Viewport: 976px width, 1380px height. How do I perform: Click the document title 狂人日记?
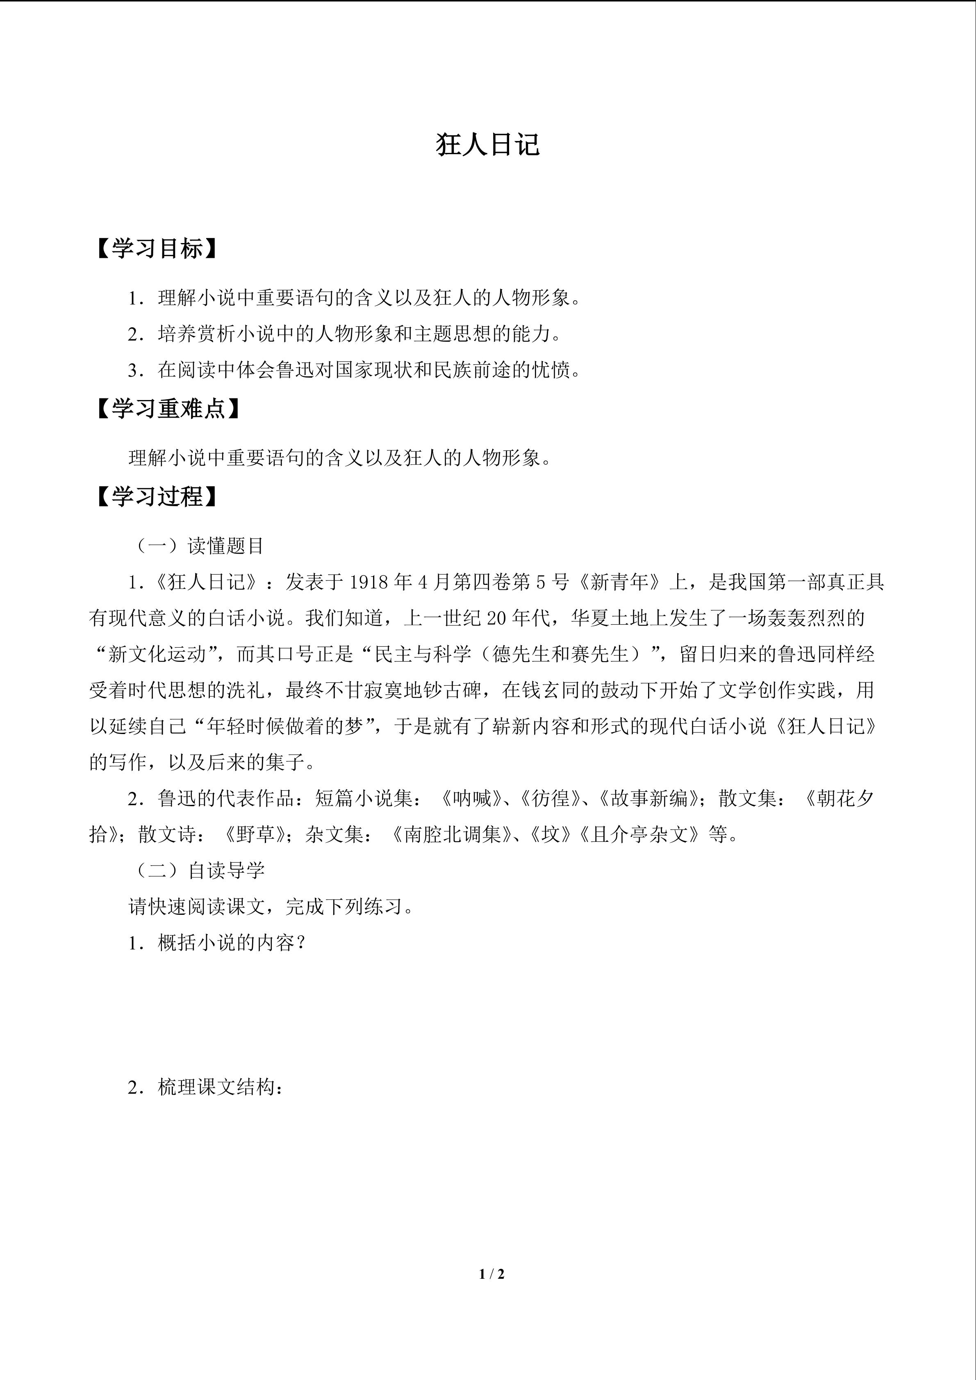(487, 144)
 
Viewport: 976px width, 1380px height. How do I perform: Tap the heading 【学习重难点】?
(169, 409)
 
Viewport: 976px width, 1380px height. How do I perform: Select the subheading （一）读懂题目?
(197, 546)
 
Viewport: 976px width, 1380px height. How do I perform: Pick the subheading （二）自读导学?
(197, 870)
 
